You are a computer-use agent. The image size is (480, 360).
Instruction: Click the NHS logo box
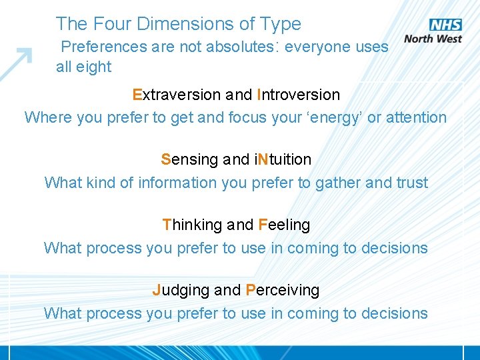click(x=445, y=25)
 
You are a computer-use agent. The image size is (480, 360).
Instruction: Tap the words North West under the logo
click(x=433, y=39)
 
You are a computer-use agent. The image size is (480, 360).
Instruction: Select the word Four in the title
click(x=113, y=24)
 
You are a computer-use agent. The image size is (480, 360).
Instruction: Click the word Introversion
click(x=298, y=95)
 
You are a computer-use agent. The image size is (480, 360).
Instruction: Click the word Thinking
click(x=193, y=225)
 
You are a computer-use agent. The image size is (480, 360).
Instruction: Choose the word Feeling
click(x=284, y=225)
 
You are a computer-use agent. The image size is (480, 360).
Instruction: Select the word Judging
click(x=181, y=291)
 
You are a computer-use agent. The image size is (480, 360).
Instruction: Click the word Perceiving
click(x=283, y=291)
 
